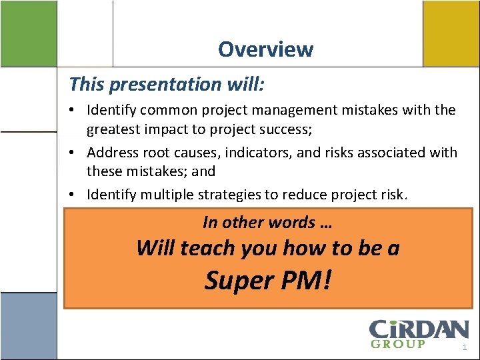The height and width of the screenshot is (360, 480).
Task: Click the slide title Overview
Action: pyautogui.click(x=265, y=49)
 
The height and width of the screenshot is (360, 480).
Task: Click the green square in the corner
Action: pyautogui.click(x=28, y=33)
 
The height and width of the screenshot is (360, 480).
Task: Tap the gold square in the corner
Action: pyautogui.click(x=451, y=33)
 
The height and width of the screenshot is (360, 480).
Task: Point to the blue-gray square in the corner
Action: pyautogui.click(x=28, y=326)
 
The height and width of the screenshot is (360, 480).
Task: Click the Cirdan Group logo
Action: pyautogui.click(x=419, y=333)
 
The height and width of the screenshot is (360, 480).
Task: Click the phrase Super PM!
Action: pyautogui.click(x=267, y=281)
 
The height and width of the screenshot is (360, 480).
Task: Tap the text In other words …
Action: pyautogui.click(x=267, y=222)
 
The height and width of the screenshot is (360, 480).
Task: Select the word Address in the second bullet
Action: pyautogui.click(x=113, y=152)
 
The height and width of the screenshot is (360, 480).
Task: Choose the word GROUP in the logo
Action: pyautogui.click(x=397, y=344)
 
